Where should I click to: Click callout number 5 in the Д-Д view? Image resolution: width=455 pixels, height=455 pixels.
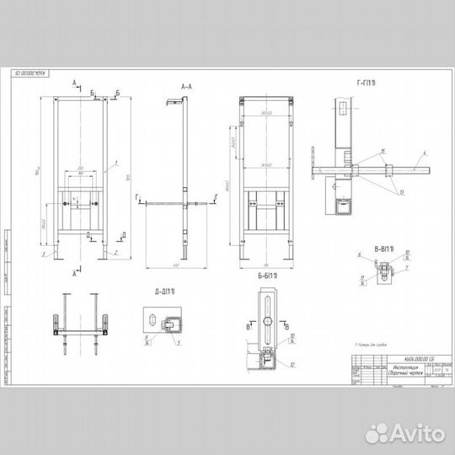coord(178,342)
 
